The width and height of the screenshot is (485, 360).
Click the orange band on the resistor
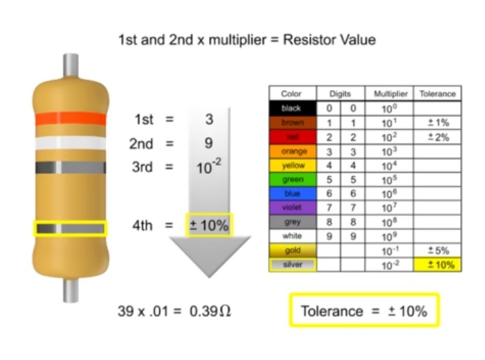point(71,119)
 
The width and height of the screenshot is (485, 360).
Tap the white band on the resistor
point(71,144)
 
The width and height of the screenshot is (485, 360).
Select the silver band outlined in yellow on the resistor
point(71,229)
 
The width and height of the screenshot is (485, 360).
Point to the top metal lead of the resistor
point(71,65)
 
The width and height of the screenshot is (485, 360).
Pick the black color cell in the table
point(293,108)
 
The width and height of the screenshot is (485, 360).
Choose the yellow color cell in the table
point(293,165)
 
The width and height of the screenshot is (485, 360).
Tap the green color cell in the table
point(293,180)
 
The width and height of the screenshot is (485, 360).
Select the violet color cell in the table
point(293,208)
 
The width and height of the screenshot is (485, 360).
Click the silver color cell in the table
point(293,265)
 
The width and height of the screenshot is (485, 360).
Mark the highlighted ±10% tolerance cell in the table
point(437,265)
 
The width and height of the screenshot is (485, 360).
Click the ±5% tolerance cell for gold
point(437,250)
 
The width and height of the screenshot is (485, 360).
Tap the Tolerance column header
point(437,94)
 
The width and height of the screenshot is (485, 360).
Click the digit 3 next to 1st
point(209,120)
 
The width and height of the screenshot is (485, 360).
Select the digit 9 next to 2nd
point(209,144)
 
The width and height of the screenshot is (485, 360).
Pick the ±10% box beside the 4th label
point(209,225)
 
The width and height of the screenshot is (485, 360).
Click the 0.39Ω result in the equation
point(212,311)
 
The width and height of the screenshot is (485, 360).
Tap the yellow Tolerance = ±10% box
point(364,311)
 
